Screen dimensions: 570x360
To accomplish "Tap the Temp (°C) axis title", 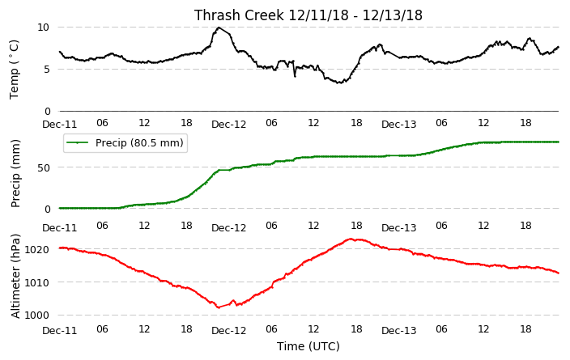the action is click(x=15, y=70).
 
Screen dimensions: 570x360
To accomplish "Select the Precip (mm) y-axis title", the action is click(x=15, y=174).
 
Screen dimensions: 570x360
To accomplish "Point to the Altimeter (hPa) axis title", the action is click(x=15, y=276).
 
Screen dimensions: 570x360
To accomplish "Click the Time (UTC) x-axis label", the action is click(x=308, y=346).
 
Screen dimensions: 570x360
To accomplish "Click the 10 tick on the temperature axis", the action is click(x=43, y=28).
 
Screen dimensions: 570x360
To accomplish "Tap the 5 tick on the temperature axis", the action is click(x=46, y=69).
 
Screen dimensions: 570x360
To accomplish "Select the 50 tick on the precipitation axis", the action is click(x=43, y=167).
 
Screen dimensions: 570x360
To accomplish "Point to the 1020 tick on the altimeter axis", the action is click(x=36, y=249).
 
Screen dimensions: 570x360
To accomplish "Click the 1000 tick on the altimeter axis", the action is click(x=36, y=315).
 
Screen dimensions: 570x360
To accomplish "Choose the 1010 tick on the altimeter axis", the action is click(x=36, y=282).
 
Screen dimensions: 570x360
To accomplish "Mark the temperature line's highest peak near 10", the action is click(x=219, y=28).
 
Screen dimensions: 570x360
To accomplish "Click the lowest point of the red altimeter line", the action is click(x=219, y=307).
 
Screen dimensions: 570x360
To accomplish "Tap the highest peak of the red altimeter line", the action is click(x=350, y=239).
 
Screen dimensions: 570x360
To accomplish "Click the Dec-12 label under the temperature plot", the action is click(x=228, y=125).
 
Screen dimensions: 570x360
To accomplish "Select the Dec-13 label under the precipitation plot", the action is click(x=398, y=228).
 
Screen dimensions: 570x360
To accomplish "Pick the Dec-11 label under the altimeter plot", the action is click(x=60, y=331).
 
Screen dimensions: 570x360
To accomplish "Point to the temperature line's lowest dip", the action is click(x=339, y=83).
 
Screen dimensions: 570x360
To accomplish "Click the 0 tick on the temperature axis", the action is click(x=47, y=111).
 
